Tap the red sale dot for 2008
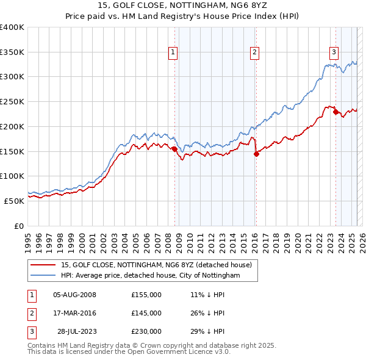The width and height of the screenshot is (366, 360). coord(174,148)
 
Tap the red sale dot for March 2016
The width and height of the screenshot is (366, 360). coord(256,154)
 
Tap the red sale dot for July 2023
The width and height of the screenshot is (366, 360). coord(335,112)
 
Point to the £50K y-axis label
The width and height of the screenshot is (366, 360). coord(15,200)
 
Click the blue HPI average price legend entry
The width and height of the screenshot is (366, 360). coord(150,276)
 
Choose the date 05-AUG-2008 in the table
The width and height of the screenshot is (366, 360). coord(75,295)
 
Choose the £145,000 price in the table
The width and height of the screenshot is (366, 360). coord(146,313)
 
